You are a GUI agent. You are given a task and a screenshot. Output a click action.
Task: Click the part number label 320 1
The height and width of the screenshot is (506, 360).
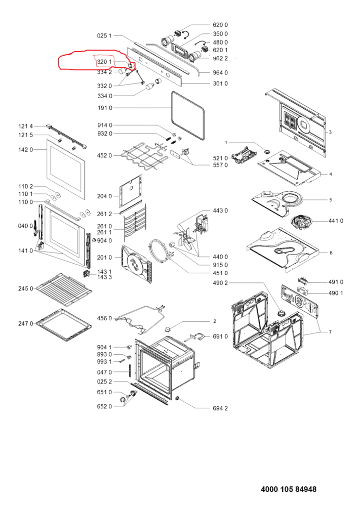[x=105, y=62]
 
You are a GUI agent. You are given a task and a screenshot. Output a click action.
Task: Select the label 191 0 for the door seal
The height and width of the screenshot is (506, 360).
[x=105, y=108]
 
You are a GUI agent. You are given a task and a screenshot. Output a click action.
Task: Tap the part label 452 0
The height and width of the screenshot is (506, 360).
[x=105, y=155]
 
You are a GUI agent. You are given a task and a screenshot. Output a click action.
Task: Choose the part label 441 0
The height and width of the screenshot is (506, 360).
[x=336, y=221]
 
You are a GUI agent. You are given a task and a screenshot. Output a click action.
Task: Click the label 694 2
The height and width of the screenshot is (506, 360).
[x=219, y=408]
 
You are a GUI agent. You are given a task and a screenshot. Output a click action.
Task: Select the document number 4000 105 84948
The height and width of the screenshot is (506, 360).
[x=289, y=489]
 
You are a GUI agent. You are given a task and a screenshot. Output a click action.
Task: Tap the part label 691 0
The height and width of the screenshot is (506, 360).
[x=220, y=336]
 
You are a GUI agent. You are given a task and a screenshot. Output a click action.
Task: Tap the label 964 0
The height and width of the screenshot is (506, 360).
[x=219, y=72]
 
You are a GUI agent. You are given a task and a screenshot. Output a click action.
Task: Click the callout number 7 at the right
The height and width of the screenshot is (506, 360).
[x=330, y=332]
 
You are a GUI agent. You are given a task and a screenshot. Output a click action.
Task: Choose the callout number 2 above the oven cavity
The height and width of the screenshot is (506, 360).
[x=214, y=321]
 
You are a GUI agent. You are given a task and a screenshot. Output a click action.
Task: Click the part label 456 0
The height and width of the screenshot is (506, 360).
[x=105, y=318]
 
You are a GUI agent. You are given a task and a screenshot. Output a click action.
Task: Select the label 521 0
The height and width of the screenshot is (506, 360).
[x=220, y=158]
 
